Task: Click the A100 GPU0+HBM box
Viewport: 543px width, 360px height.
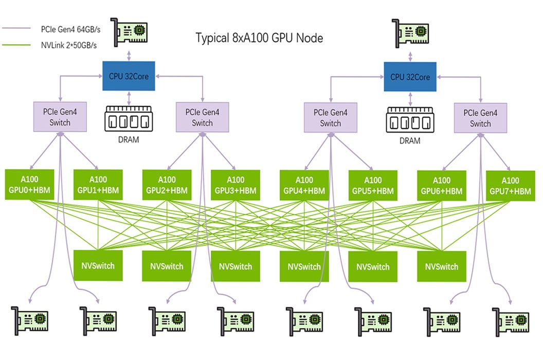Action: click(x=29, y=185)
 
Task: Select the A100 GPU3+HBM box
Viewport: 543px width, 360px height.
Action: click(x=236, y=185)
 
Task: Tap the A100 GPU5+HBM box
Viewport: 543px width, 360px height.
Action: click(x=373, y=185)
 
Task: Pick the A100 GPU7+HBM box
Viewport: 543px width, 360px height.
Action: click(x=510, y=186)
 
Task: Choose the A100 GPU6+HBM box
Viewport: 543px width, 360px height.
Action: click(x=441, y=185)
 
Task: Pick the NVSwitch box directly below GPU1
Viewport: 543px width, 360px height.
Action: click(x=98, y=266)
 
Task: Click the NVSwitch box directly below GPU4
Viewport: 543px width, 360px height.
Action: click(x=304, y=266)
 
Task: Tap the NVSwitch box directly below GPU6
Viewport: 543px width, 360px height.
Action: click(x=441, y=266)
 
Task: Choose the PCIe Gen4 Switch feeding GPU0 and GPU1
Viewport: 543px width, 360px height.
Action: click(x=60, y=117)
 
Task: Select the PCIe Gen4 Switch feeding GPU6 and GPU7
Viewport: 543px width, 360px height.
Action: click(x=480, y=118)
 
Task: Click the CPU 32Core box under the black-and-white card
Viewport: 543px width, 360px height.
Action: click(x=410, y=77)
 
